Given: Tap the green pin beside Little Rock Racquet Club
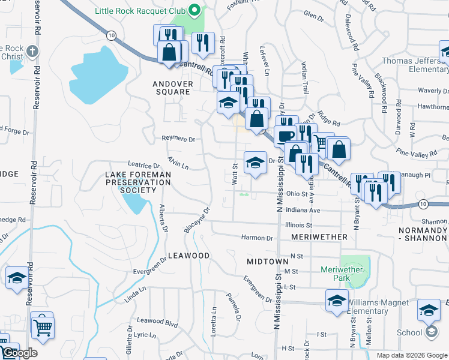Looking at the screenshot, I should coord(194,10).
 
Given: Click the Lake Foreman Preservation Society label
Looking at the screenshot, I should coord(139,182).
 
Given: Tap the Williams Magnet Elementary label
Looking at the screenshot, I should coord(384,307).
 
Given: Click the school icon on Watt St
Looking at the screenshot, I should coord(255,162).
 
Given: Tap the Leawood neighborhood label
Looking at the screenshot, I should coord(188,256).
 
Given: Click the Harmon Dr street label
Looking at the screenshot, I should coord(257,238).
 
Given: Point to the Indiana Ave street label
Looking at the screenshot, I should coord(303,211).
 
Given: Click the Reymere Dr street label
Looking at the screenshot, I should coord(179,139).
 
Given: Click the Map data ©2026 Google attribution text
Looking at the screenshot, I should coord(412,355).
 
